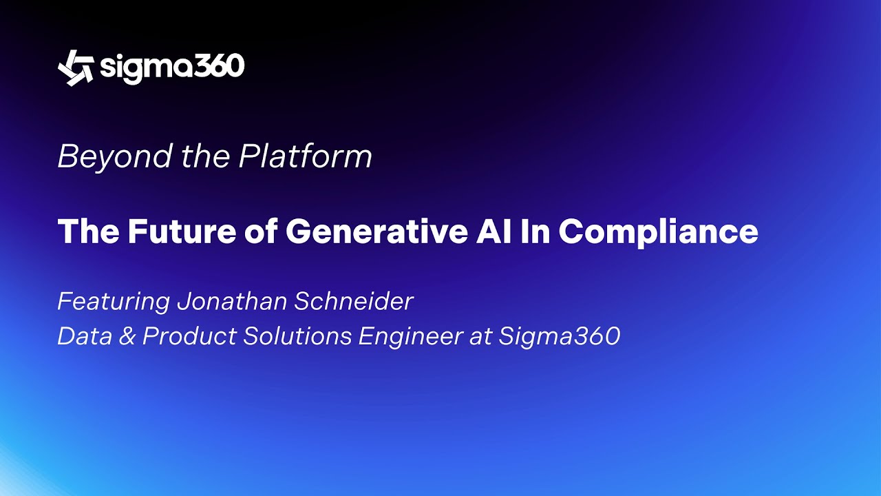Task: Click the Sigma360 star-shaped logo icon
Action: (76, 68)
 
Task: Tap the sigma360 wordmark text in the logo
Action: (172, 68)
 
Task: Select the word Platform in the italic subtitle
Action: (305, 157)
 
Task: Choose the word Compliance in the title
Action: (659, 232)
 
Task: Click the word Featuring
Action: (114, 302)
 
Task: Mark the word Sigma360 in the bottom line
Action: (560, 336)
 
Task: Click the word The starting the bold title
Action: (88, 231)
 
